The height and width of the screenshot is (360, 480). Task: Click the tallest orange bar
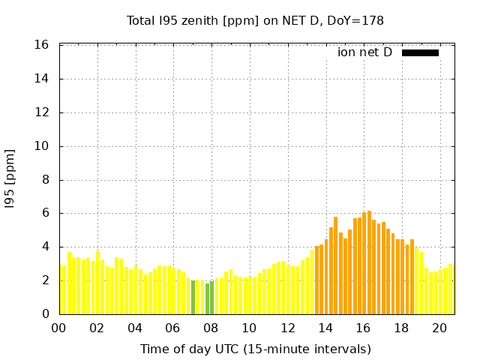pyautogui.click(x=370, y=262)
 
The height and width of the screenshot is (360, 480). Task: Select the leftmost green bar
pyautogui.click(x=193, y=297)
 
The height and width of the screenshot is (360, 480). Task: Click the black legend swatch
pyautogui.click(x=420, y=53)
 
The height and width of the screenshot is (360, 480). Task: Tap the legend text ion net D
pyautogui.click(x=364, y=52)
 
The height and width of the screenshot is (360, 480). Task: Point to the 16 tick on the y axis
pyautogui.click(x=41, y=45)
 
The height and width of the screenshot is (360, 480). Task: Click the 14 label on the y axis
pyautogui.click(x=41, y=79)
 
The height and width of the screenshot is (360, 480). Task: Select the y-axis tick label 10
pyautogui.click(x=41, y=146)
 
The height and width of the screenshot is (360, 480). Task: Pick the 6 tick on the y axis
pyautogui.click(x=46, y=213)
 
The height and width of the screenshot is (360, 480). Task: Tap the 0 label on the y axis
pyautogui.click(x=46, y=313)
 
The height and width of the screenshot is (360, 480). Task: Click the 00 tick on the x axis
pyautogui.click(x=58, y=328)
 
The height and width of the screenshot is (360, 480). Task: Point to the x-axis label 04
pyautogui.click(x=135, y=328)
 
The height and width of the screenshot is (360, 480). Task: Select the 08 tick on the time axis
pyautogui.click(x=211, y=328)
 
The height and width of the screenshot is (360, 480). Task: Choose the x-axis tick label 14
pyautogui.click(x=325, y=328)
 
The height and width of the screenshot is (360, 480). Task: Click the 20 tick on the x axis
pyautogui.click(x=439, y=328)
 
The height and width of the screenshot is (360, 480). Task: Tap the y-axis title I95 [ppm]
pyautogui.click(x=10, y=179)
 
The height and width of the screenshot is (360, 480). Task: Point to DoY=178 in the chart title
pyautogui.click(x=355, y=21)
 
